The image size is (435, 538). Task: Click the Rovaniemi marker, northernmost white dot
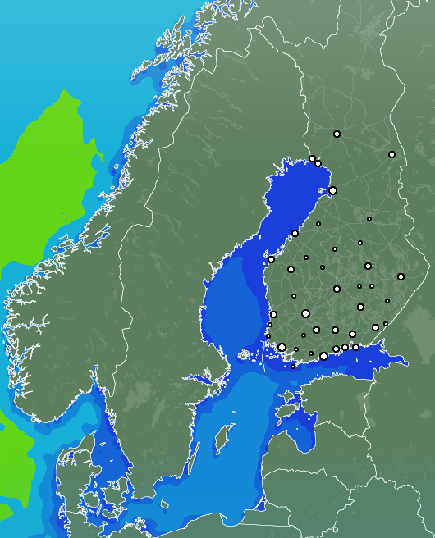337,134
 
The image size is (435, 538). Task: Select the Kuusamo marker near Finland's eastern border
391,154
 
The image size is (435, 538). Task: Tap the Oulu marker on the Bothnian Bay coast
332,190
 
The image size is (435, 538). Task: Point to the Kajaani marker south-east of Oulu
369,219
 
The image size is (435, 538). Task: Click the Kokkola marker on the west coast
295,233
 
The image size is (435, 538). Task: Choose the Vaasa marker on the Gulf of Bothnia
271,259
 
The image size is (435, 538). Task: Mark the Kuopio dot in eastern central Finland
368,266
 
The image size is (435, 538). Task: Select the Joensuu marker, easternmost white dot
401,276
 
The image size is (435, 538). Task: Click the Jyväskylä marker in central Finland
337,289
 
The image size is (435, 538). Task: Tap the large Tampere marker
305,313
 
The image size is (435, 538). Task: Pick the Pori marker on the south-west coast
273,314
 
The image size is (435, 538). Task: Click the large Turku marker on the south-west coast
282,347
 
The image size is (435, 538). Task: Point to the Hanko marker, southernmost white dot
293,367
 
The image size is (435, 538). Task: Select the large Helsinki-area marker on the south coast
323,356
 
